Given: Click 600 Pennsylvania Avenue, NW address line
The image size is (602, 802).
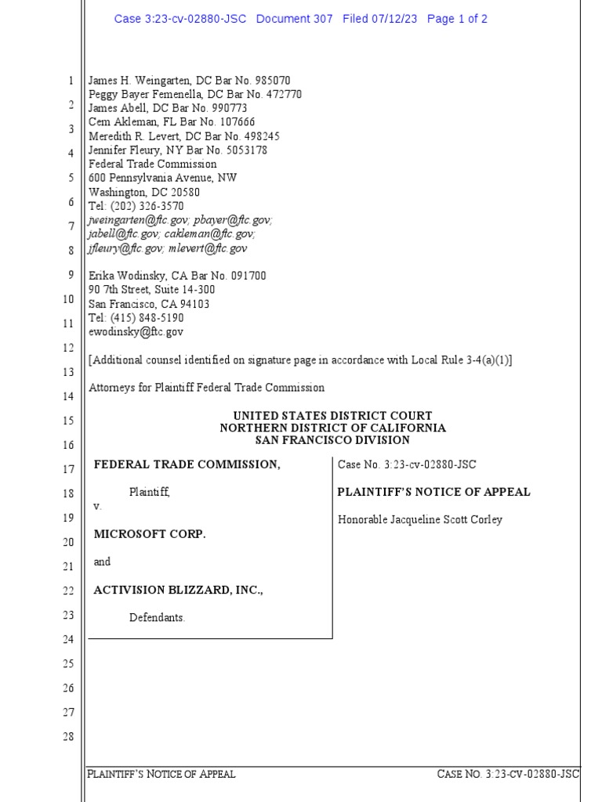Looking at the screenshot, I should (x=162, y=179).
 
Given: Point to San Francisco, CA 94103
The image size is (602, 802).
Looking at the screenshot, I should (x=149, y=304).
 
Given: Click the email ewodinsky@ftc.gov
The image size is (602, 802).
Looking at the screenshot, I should (x=136, y=332).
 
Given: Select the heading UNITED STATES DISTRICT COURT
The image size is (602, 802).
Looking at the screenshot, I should (x=332, y=416).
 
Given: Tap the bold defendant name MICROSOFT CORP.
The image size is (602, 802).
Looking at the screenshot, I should (x=150, y=533).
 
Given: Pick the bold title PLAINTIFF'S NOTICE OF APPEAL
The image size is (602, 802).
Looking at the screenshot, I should (x=433, y=492).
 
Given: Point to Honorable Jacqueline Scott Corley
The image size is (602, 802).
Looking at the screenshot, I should (x=420, y=520).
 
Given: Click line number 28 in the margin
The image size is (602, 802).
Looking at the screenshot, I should (x=68, y=736).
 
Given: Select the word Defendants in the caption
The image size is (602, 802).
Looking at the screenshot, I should (x=157, y=618).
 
